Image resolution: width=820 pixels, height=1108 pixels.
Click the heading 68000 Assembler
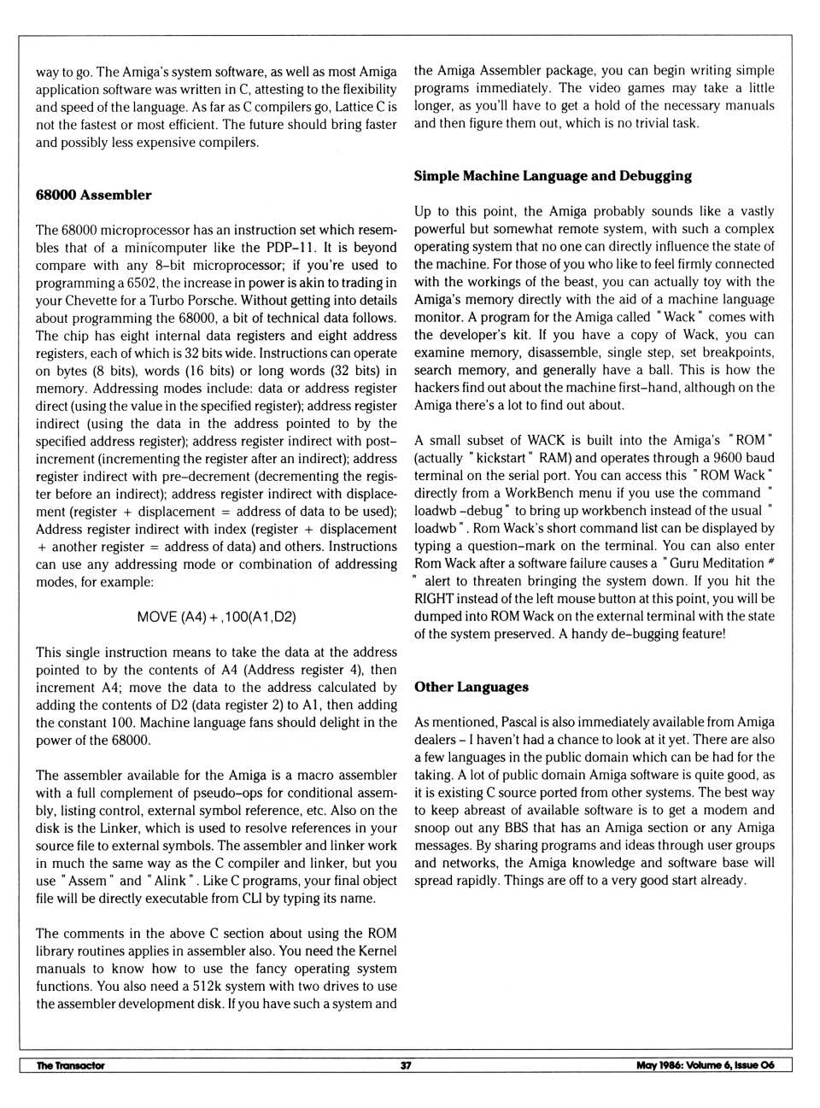pos(93,195)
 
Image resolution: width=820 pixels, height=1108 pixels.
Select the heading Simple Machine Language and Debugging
pos(553,176)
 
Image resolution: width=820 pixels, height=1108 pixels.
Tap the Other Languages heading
pos(471,687)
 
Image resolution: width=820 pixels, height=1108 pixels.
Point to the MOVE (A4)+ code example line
pos(216,616)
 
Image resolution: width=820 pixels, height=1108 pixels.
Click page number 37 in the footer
pos(406,1065)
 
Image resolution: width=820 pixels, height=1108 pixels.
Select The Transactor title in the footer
pos(70,1065)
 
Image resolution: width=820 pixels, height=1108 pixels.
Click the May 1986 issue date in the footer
pos(705,1065)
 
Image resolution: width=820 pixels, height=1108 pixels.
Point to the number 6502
pos(140,283)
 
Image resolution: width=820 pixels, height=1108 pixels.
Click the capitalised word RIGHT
pos(434,598)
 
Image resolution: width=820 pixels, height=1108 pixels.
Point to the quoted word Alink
pos(169,881)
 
